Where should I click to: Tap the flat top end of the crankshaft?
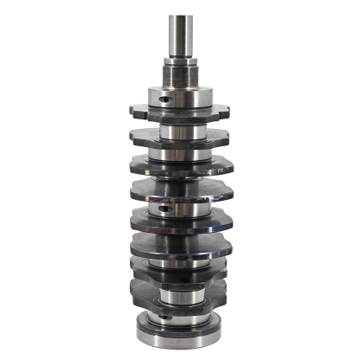click(180, 16)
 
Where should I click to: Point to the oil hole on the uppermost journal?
click(164, 99)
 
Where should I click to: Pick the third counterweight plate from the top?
click(180, 166)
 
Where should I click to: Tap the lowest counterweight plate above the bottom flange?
click(180, 286)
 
